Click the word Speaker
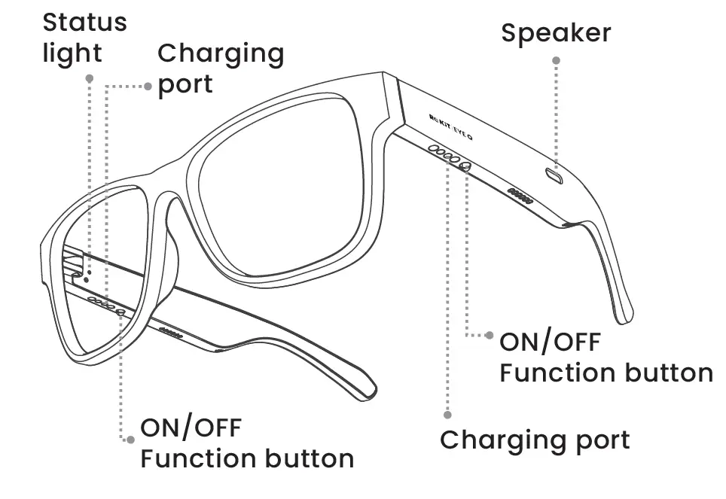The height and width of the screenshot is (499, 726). [556, 32]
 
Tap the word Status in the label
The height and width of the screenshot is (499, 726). [84, 22]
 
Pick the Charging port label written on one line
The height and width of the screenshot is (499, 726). [535, 440]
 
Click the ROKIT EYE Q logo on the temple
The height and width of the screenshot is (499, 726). [450, 125]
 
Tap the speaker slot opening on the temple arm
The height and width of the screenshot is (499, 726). [556, 175]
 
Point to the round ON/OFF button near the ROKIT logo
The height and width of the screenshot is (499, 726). [465, 165]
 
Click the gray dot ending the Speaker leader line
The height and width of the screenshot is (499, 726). [556, 59]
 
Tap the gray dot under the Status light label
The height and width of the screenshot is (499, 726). [89, 78]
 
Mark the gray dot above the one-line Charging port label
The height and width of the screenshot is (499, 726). [447, 414]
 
